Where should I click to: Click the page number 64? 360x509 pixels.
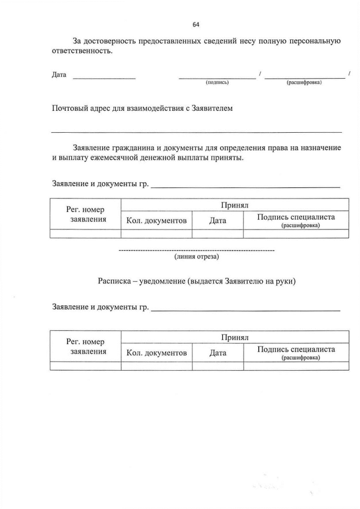point(196,24)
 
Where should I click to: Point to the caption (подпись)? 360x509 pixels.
point(217,82)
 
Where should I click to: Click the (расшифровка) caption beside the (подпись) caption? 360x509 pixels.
point(304,82)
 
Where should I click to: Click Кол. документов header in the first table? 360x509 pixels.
point(156,221)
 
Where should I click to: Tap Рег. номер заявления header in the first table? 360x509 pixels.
point(85,214)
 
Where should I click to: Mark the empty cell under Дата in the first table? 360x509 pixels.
point(218,234)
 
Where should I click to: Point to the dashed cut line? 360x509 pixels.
point(196,249)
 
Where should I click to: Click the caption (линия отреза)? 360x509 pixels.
point(196,257)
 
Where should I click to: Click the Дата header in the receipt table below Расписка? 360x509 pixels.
point(218,353)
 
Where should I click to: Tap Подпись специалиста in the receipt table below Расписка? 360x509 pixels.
point(296,349)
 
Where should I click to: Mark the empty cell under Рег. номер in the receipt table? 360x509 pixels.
point(85,366)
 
